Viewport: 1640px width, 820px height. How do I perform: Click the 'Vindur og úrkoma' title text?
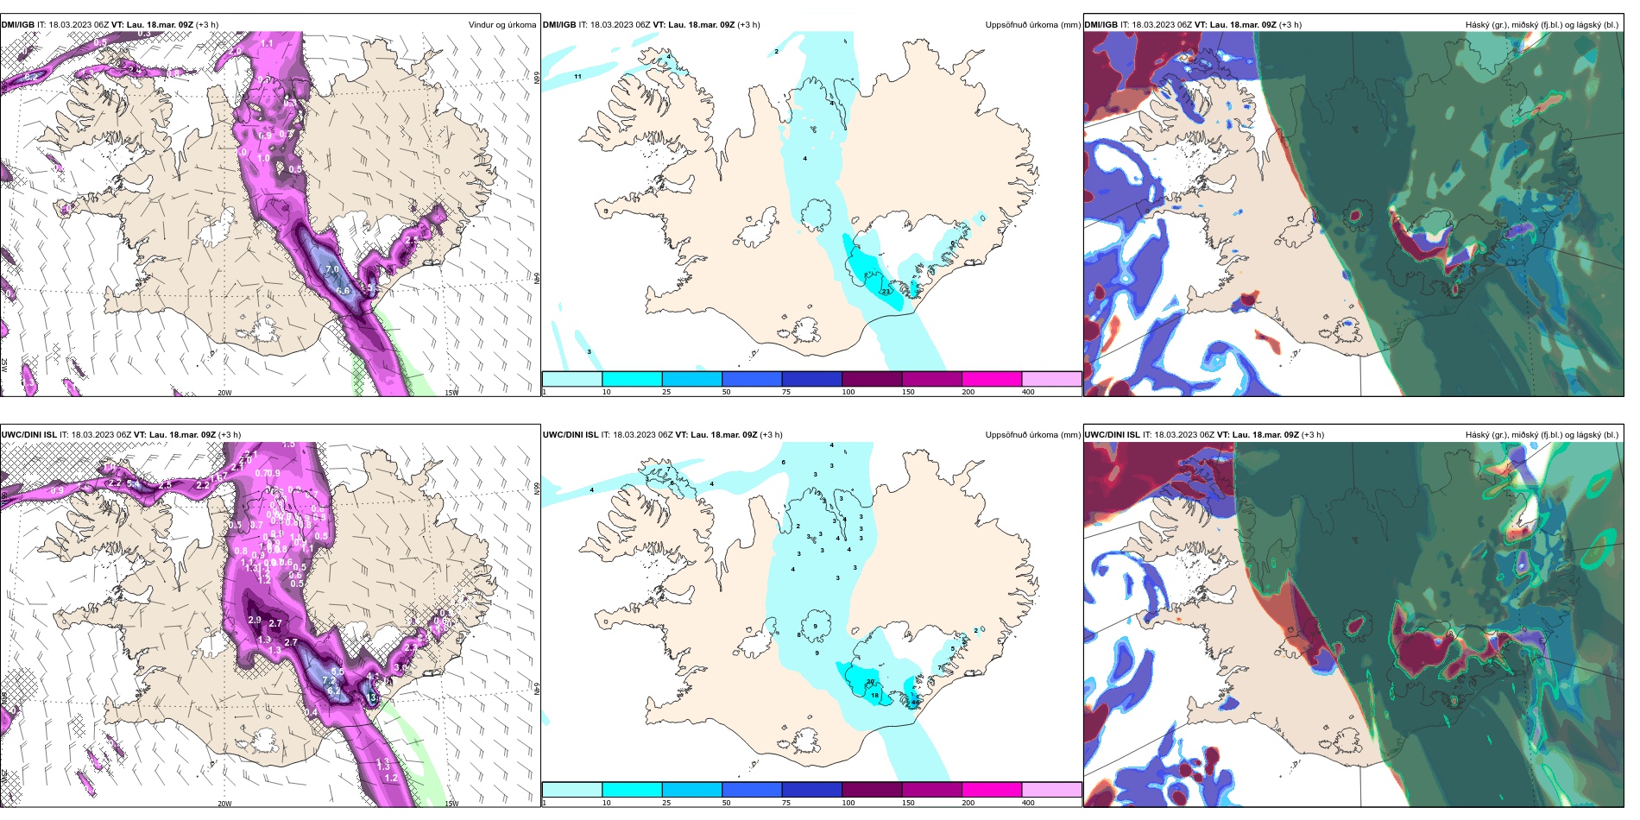[501, 25]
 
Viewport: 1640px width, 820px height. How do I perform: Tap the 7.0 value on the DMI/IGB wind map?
[332, 270]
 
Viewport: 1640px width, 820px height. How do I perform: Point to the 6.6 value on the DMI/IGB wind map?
[343, 291]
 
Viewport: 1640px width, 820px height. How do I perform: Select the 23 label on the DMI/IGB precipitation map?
[886, 292]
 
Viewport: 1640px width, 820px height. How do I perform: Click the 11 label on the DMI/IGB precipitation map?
[577, 77]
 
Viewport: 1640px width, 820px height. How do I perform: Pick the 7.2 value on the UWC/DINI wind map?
[329, 680]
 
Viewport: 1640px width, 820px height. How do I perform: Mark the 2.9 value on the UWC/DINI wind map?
[255, 620]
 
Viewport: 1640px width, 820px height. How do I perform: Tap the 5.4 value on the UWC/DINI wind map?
[134, 485]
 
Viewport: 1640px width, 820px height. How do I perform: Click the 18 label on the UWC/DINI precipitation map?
[874, 695]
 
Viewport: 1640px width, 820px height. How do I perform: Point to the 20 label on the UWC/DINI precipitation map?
[870, 682]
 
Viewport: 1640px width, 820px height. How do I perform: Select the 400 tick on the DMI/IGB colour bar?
[1028, 392]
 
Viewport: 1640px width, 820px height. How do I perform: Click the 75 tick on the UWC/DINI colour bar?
[786, 803]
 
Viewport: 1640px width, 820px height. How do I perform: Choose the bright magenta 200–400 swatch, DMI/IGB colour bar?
[992, 379]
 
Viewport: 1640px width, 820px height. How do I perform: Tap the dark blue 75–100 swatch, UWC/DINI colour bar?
[811, 790]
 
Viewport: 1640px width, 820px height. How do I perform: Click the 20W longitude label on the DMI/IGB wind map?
[224, 393]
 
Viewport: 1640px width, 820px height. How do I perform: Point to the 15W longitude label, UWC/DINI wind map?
[451, 804]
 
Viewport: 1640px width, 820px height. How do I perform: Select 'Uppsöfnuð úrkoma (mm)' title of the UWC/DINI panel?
[1032, 435]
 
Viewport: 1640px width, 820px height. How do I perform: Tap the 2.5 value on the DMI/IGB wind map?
[412, 240]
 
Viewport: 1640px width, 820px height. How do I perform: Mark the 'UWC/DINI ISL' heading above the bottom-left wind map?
[28, 435]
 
